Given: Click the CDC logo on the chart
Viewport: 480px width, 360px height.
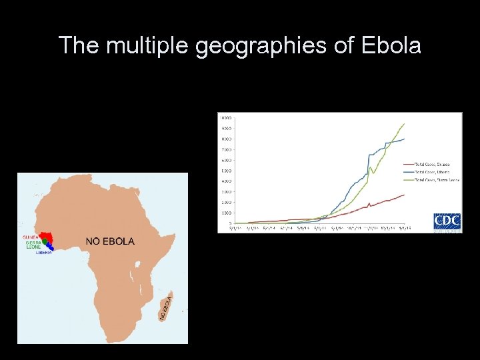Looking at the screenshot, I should point(447,221).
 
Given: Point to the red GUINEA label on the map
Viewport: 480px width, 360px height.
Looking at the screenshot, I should point(30,237).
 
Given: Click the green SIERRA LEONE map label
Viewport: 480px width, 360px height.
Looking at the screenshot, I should point(33,245).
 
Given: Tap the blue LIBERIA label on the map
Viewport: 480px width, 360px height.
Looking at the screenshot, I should point(44,253).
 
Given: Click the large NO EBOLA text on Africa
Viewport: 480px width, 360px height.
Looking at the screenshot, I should point(110,241).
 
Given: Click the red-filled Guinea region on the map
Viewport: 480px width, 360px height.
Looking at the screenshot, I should point(47,237).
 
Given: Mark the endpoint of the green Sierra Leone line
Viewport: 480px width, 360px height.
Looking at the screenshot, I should point(405,123).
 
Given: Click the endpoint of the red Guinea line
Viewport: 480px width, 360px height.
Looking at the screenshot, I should point(405,195).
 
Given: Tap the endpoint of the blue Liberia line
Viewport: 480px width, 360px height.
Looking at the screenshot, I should point(405,139).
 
